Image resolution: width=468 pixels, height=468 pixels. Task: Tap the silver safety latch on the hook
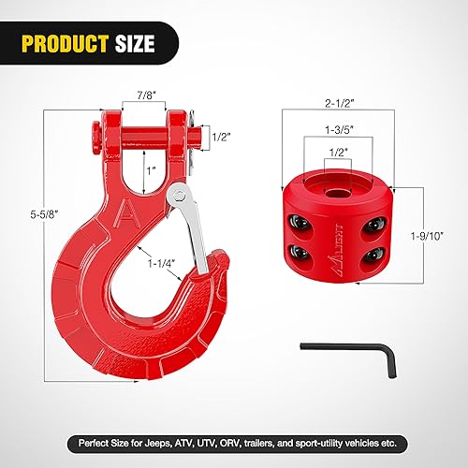[192, 232]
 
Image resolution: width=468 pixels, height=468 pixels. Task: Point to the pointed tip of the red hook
[219, 255]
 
